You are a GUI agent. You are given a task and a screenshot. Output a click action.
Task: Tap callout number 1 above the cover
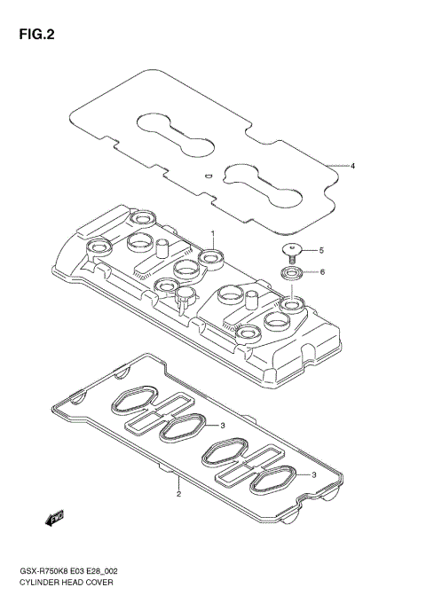[x=214, y=233]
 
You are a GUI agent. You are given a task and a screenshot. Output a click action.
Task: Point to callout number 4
[x=352, y=166]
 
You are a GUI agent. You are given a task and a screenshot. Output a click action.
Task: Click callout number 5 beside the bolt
[x=321, y=251]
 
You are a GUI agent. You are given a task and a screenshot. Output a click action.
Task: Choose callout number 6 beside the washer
[x=321, y=271]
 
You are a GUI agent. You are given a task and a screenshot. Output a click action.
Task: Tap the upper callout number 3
[x=223, y=426]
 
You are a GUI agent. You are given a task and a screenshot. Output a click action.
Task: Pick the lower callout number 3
[x=314, y=475]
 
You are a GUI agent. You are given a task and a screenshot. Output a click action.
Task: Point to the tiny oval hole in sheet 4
[x=208, y=176]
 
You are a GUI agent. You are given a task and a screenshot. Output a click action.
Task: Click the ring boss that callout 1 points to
[x=211, y=258]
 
